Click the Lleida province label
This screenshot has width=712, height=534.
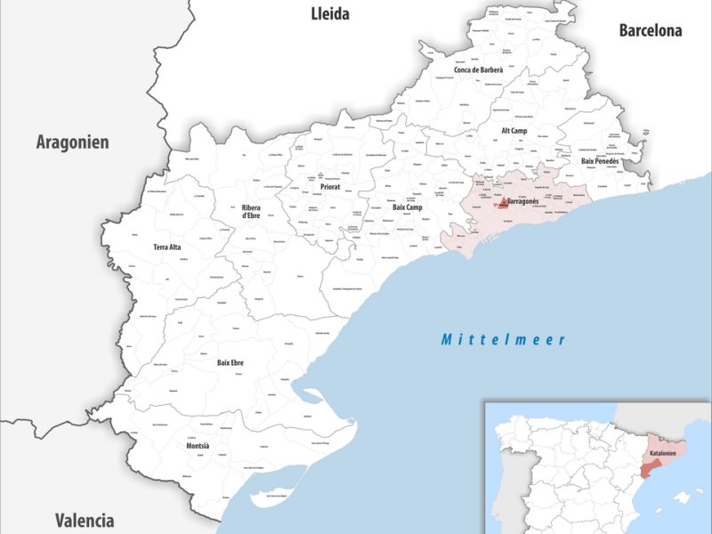pyautogui.click(x=329, y=13)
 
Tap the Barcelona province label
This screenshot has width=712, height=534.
pyautogui.click(x=651, y=30)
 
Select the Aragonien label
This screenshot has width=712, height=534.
pyautogui.click(x=72, y=142)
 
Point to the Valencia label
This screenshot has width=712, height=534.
pyautogui.click(x=84, y=520)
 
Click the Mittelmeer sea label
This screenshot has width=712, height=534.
pyautogui.click(x=505, y=339)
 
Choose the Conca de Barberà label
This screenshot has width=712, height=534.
pyautogui.click(x=478, y=69)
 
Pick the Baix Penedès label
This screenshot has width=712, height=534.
pyautogui.click(x=600, y=161)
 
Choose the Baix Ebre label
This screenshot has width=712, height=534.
pyautogui.click(x=231, y=362)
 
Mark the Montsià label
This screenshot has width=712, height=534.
pyautogui.click(x=198, y=445)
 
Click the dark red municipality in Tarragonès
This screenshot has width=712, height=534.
pyautogui.click(x=503, y=204)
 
